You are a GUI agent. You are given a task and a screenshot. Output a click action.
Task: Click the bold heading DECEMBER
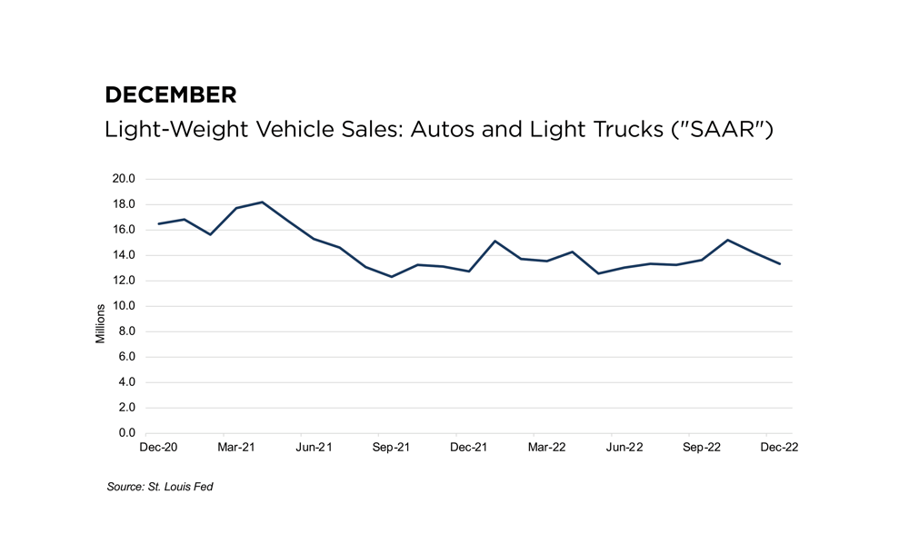[x=171, y=94]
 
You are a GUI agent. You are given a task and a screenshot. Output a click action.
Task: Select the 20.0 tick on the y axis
[x=124, y=179]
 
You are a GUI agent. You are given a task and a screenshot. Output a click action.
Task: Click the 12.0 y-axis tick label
[x=124, y=281]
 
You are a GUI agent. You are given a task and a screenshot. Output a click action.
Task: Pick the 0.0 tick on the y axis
[x=126, y=433]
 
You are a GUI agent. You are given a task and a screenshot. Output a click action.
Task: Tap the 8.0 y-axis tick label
[x=126, y=331]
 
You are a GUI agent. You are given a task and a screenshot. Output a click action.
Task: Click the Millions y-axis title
[x=101, y=322]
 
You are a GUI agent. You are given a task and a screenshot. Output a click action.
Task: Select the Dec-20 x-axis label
[x=158, y=448]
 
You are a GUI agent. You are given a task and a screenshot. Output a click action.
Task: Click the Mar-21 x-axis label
[x=235, y=448]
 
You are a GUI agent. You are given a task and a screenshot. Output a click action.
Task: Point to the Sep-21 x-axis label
[x=391, y=448]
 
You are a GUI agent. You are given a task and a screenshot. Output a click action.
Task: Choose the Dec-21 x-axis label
[x=468, y=448]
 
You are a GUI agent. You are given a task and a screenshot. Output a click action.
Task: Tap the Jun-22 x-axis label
[x=624, y=448]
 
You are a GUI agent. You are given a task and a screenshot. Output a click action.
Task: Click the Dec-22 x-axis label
[x=779, y=448]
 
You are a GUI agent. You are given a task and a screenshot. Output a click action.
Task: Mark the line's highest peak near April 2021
[x=262, y=202]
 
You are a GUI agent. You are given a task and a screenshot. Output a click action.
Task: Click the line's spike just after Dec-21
[x=494, y=242]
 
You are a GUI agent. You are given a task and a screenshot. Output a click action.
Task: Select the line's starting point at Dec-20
[x=158, y=223]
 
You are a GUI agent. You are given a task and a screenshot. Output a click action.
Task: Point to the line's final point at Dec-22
[x=779, y=263]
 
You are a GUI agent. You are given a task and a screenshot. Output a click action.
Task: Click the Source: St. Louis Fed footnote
[x=160, y=488]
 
